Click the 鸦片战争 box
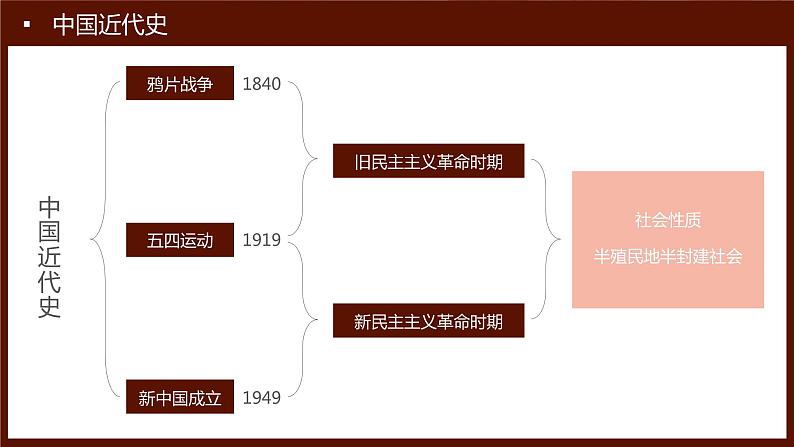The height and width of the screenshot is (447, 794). [x=180, y=84]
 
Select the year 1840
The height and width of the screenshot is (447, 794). [x=262, y=84]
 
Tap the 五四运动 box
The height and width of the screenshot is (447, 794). [x=180, y=241]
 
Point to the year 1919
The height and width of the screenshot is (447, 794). [x=262, y=241]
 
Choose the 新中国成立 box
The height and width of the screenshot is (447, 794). [x=180, y=399]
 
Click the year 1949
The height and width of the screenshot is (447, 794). [x=262, y=399]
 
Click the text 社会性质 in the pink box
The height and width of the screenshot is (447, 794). [x=667, y=218]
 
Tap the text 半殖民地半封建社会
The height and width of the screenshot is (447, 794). [x=667, y=255]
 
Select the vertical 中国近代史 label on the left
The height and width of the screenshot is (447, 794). [x=50, y=257]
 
